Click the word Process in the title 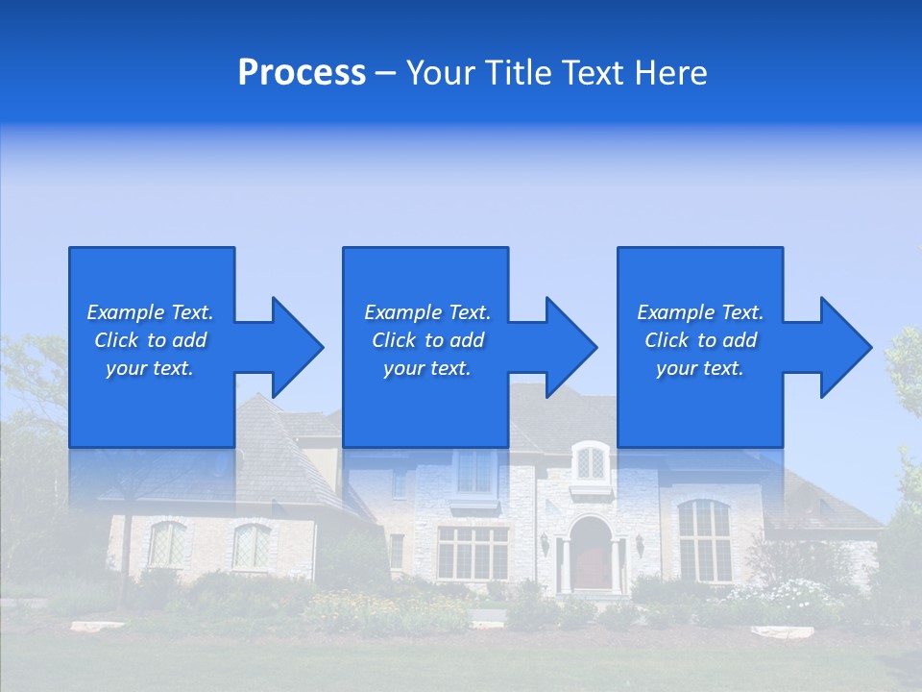pyautogui.click(x=302, y=73)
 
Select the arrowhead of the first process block pyautogui.click(x=289, y=347)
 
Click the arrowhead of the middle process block pyautogui.click(x=564, y=347)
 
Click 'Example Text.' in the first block pyautogui.click(x=150, y=312)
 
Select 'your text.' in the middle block pyautogui.click(x=426, y=368)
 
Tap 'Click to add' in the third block pyautogui.click(x=700, y=340)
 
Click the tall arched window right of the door pyautogui.click(x=704, y=540)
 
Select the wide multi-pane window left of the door pyautogui.click(x=473, y=552)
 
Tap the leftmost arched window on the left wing pyautogui.click(x=166, y=544)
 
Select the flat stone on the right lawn pyautogui.click(x=781, y=631)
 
